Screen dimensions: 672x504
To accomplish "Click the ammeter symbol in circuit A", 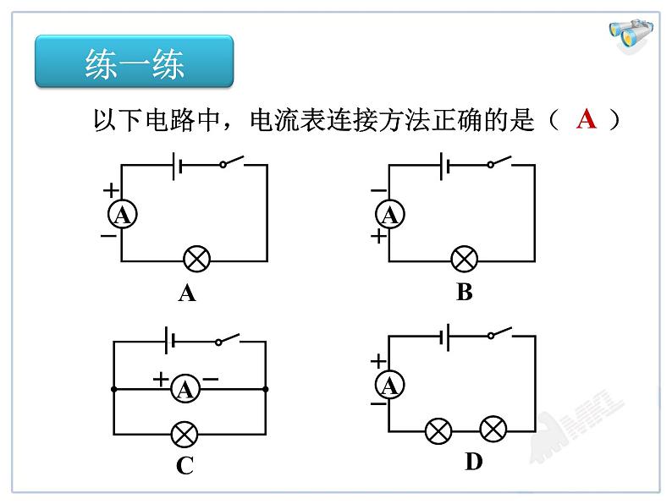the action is pyautogui.click(x=123, y=215).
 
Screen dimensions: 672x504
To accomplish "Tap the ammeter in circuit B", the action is pyautogui.click(x=390, y=215).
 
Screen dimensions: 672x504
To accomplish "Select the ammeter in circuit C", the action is pyautogui.click(x=185, y=389).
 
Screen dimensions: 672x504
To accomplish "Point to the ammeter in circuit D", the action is pyautogui.click(x=390, y=385).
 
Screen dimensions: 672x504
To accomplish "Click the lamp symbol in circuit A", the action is pyautogui.click(x=196, y=259).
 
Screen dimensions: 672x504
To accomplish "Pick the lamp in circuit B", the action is pyautogui.click(x=465, y=259).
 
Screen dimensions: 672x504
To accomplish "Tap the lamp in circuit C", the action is pyautogui.click(x=185, y=434).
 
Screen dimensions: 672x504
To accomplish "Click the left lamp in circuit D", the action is pyautogui.click(x=438, y=430).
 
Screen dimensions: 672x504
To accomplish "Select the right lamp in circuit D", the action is pyautogui.click(x=493, y=429).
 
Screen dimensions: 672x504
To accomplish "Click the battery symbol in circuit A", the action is pyautogui.click(x=177, y=166).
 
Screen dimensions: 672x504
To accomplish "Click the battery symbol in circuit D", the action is pyautogui.click(x=444, y=337).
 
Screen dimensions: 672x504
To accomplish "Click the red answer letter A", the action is pyautogui.click(x=587, y=119).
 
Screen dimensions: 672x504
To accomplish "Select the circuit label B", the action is pyautogui.click(x=465, y=293).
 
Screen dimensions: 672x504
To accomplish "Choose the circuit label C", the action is pyautogui.click(x=185, y=465).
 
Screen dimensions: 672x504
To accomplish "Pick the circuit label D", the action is pyautogui.click(x=474, y=462).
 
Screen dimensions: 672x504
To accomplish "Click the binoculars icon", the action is pyautogui.click(x=631, y=35).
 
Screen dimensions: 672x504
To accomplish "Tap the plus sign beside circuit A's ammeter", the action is pyautogui.click(x=111, y=190).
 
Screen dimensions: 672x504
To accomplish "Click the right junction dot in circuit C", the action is pyautogui.click(x=265, y=389).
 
